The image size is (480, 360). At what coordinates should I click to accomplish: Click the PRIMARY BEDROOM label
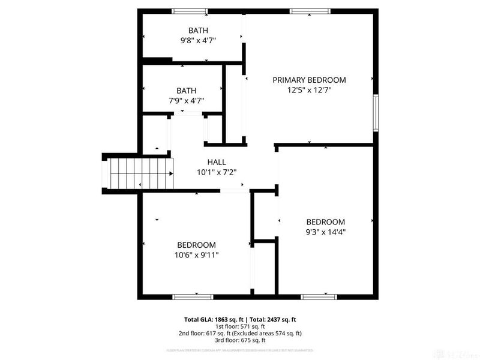[309, 80]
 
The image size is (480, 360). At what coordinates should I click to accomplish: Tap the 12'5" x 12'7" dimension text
[309, 90]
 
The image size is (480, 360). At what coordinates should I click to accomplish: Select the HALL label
[217, 162]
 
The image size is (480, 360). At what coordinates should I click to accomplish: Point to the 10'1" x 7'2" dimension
[217, 172]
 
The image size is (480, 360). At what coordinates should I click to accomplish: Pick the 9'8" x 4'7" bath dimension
[198, 40]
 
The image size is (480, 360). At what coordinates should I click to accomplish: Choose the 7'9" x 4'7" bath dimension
[186, 100]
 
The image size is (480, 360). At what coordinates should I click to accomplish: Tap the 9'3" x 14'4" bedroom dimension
[326, 232]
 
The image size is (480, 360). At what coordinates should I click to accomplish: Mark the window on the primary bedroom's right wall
[376, 112]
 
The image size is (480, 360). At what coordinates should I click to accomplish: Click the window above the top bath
[189, 11]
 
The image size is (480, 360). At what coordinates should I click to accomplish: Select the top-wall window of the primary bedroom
[310, 11]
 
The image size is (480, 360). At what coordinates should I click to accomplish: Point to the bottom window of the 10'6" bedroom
[193, 296]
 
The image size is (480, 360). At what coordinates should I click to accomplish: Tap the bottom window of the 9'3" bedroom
[318, 296]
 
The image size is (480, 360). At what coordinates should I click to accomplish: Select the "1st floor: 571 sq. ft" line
[240, 327]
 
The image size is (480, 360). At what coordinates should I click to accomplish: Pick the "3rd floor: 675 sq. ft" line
[240, 340]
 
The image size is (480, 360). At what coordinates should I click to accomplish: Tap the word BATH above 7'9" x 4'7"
[186, 90]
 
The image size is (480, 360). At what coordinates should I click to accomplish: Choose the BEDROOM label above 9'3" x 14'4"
[326, 221]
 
